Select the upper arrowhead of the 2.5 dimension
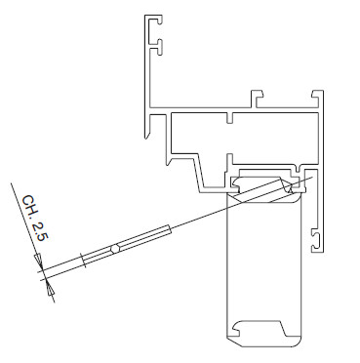(38, 260)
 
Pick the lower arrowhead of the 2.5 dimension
(49, 289)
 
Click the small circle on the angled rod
(115, 249)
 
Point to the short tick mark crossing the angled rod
(83, 261)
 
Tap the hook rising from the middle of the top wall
(257, 99)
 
